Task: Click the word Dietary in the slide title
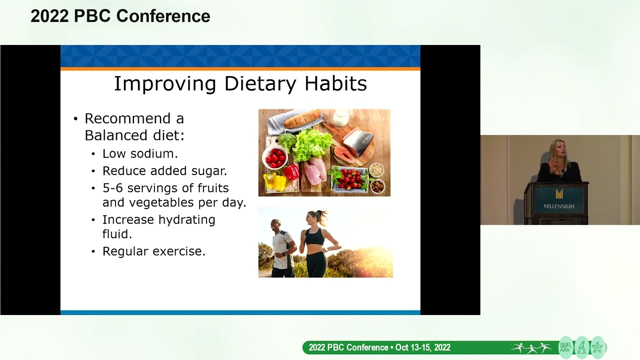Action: point(260,83)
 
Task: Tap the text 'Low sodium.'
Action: point(140,153)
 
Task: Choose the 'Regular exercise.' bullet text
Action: point(153,251)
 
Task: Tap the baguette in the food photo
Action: point(302,119)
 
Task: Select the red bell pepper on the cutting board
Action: point(291,171)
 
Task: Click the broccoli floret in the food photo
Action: point(287,141)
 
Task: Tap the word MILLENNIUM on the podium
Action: point(559,206)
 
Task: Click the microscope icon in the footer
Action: point(581,347)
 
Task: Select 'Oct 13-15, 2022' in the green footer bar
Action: point(422,347)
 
